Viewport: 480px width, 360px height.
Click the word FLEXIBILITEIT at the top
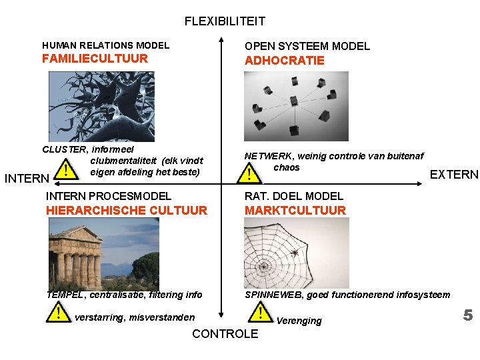pyautogui.click(x=225, y=21)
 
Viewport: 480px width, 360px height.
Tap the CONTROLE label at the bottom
pyautogui.click(x=225, y=334)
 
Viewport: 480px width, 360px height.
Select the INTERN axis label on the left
pyautogui.click(x=27, y=179)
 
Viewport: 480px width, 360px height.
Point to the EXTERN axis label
pyautogui.click(x=454, y=175)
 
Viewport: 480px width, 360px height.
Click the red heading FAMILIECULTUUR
pyautogui.click(x=95, y=59)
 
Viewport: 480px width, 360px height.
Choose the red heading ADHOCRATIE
pyautogui.click(x=285, y=61)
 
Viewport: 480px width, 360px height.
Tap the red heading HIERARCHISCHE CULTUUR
pyautogui.click(x=127, y=211)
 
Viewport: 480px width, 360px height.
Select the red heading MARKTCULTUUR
pyautogui.click(x=295, y=211)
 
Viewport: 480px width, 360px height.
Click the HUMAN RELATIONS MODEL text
pyautogui.click(x=105, y=45)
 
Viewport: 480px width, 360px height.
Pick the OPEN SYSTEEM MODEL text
pyautogui.click(x=307, y=46)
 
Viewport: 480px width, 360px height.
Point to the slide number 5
pyautogui.click(x=468, y=315)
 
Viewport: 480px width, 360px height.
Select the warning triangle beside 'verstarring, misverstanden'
pyautogui.click(x=59, y=312)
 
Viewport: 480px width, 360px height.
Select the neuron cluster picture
pyautogui.click(x=101, y=107)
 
